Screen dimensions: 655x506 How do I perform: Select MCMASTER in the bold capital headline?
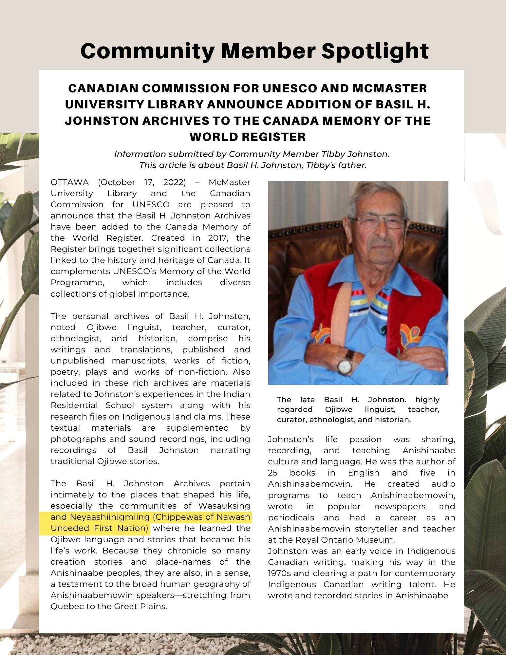point(389,88)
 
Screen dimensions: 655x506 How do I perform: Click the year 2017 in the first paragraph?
point(219,237)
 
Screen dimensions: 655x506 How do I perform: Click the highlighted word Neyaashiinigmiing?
point(110,517)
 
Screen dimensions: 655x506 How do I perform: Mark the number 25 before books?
point(273,473)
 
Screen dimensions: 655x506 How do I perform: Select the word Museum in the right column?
point(364,540)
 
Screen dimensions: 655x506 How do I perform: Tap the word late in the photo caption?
point(307,400)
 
